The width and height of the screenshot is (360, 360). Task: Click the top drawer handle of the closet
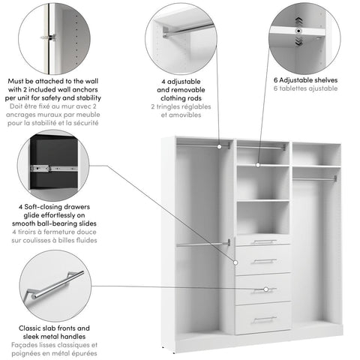pyautogui.click(x=263, y=241)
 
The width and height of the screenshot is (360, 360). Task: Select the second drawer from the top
pyautogui.click(x=263, y=260)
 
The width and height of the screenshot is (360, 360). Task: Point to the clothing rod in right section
pyautogui.click(x=315, y=178)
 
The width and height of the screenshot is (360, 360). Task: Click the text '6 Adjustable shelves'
pyautogui.click(x=305, y=79)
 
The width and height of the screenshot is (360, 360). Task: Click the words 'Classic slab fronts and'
pyautogui.click(x=54, y=328)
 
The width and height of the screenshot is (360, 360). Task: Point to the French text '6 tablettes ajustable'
pyautogui.click(x=305, y=88)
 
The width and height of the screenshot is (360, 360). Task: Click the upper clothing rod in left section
pyautogui.click(x=203, y=145)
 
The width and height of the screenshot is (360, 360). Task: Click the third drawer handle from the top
pyautogui.click(x=263, y=289)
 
